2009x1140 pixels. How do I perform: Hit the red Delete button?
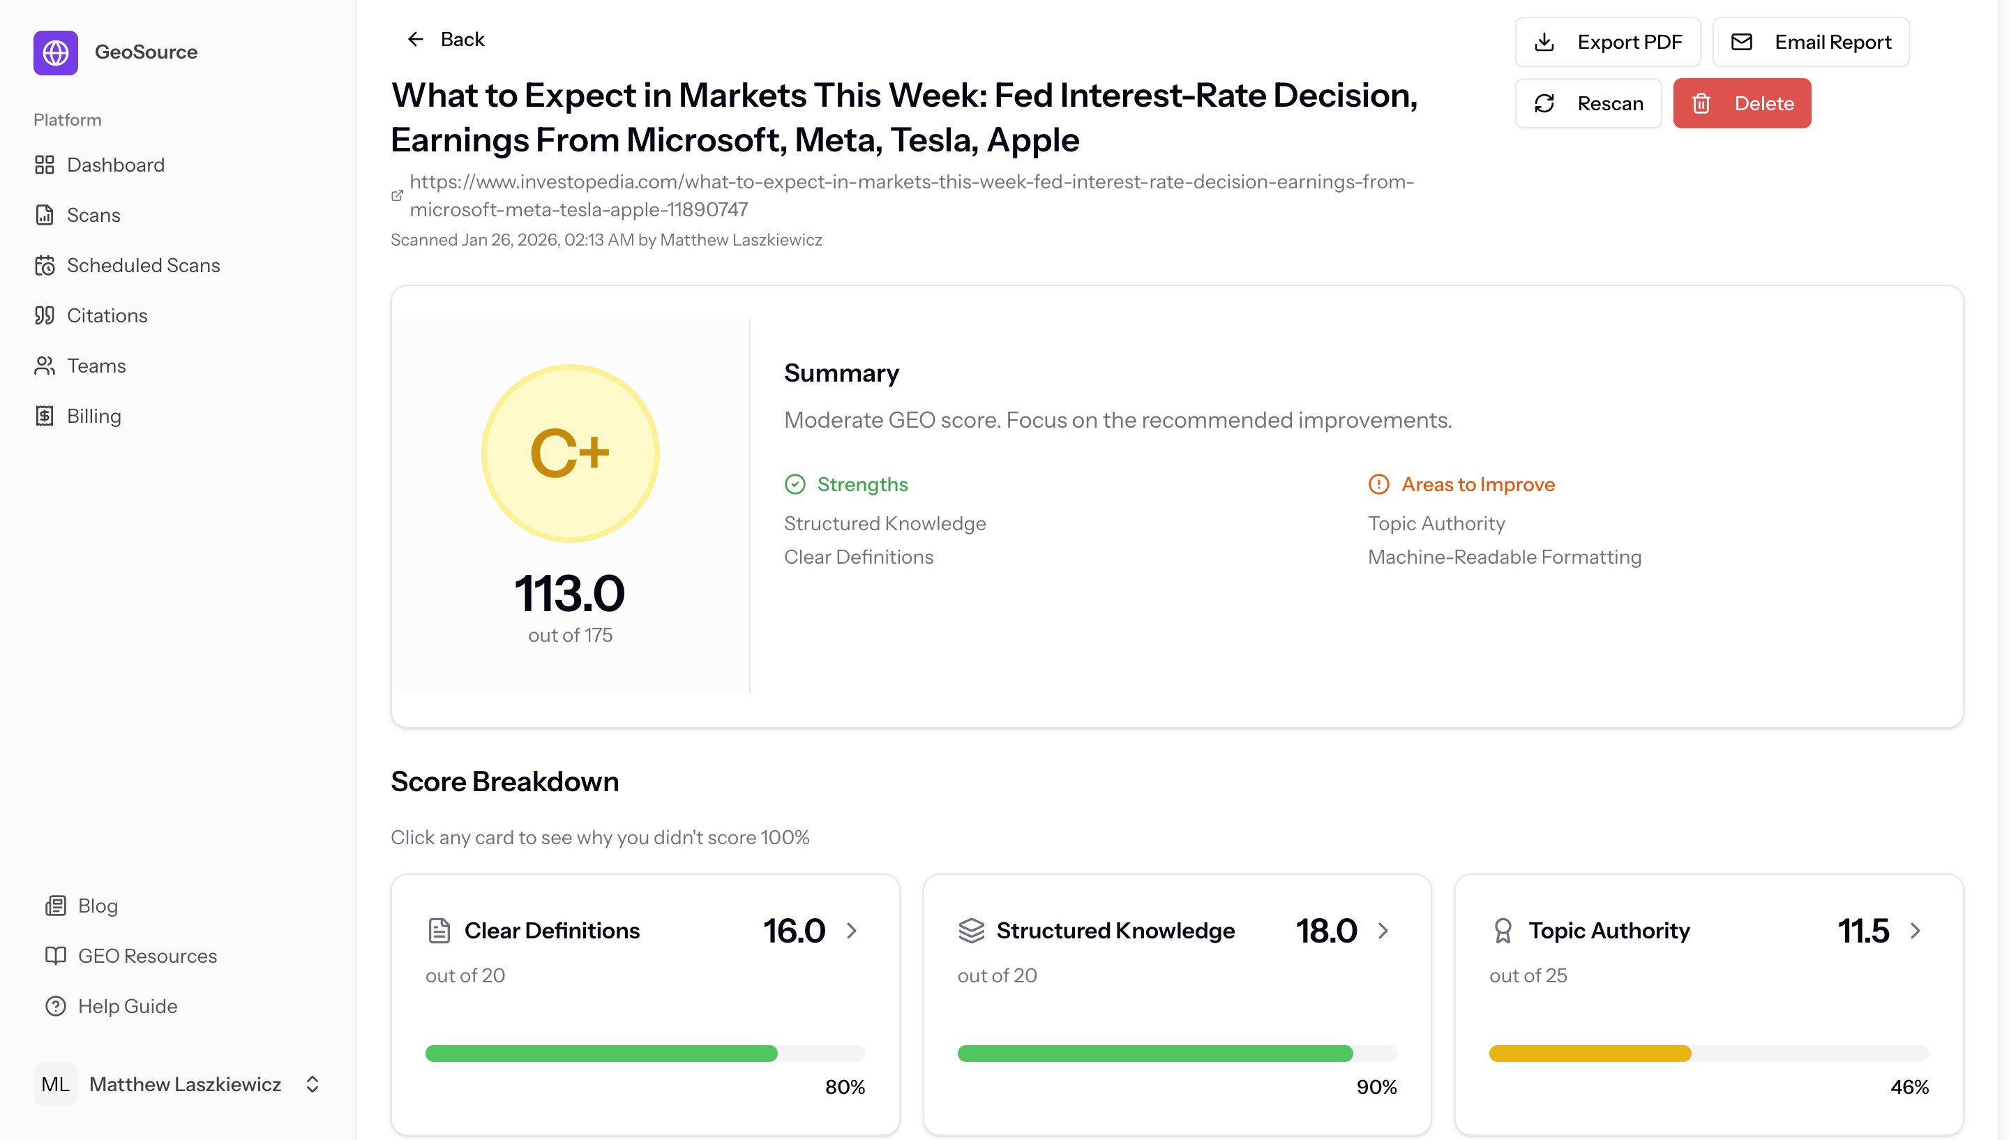pyautogui.click(x=1741, y=103)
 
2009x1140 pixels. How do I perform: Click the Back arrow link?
pyautogui.click(x=444, y=39)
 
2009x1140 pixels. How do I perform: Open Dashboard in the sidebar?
pyautogui.click(x=115, y=165)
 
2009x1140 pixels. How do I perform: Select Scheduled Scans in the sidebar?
pyautogui.click(x=142, y=265)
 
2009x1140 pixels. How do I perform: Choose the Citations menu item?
pyautogui.click(x=107, y=315)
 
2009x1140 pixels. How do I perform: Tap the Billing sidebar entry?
pyautogui.click(x=93, y=416)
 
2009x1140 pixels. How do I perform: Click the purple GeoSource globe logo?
pyautogui.click(x=56, y=52)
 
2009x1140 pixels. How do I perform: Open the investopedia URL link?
pyautogui.click(x=911, y=195)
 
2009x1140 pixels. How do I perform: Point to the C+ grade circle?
pyautogui.click(x=570, y=453)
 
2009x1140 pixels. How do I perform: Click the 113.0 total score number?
pyautogui.click(x=569, y=593)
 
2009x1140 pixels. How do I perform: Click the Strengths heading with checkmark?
pyautogui.click(x=861, y=485)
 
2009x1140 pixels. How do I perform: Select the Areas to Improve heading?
pyautogui.click(x=1477, y=485)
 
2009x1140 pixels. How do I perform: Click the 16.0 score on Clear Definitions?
pyautogui.click(x=793, y=930)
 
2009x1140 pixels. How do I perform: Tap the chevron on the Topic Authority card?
pyautogui.click(x=1914, y=930)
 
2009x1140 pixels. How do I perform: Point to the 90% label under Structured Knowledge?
pyautogui.click(x=1376, y=1087)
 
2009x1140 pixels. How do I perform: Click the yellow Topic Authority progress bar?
pyautogui.click(x=1589, y=1053)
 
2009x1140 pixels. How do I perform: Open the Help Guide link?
pyautogui.click(x=127, y=1006)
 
